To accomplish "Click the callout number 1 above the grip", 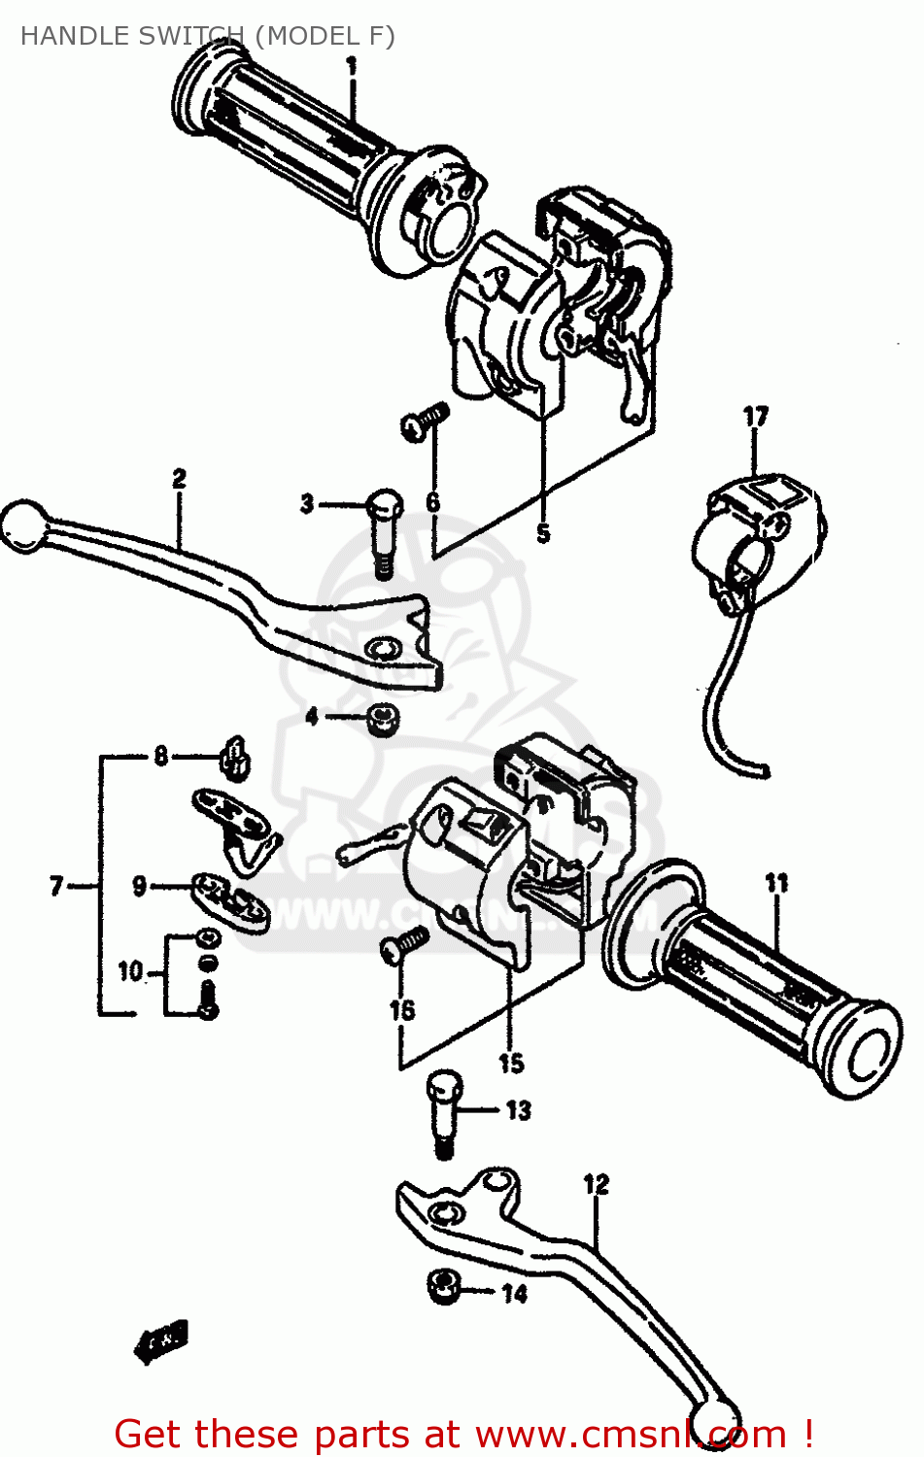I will (x=351, y=67).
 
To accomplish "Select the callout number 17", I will (x=755, y=417).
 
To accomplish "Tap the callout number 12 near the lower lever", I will (x=596, y=1184).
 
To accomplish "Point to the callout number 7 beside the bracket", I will (x=56, y=886).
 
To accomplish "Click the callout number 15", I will (x=511, y=1064).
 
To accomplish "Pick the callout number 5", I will (x=542, y=533).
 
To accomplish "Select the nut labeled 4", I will (x=383, y=720).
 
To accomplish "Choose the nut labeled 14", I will (x=443, y=1287).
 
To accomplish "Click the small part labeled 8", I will (x=235, y=757).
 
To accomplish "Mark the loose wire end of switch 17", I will (x=764, y=772).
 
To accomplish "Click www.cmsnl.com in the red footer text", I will (x=631, y=1435).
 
